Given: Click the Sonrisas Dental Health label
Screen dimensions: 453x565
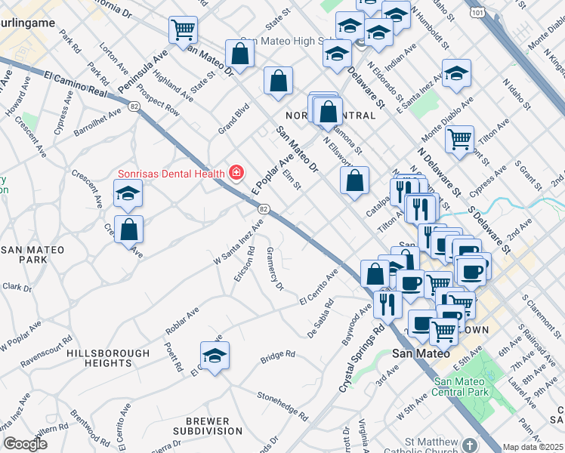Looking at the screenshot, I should [x=171, y=173].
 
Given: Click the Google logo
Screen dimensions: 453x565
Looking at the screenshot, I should [x=26, y=444].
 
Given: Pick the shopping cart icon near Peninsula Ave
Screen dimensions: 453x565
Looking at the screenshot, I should [x=183, y=30].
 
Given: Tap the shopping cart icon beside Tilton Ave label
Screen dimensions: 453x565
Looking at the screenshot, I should [x=459, y=139].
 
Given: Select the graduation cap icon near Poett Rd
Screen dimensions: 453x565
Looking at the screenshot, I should [x=215, y=355].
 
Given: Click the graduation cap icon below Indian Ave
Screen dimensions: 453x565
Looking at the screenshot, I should [x=456, y=73].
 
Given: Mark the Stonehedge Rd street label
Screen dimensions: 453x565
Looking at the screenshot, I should [x=282, y=405].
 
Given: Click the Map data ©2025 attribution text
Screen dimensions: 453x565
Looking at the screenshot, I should [x=533, y=447].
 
